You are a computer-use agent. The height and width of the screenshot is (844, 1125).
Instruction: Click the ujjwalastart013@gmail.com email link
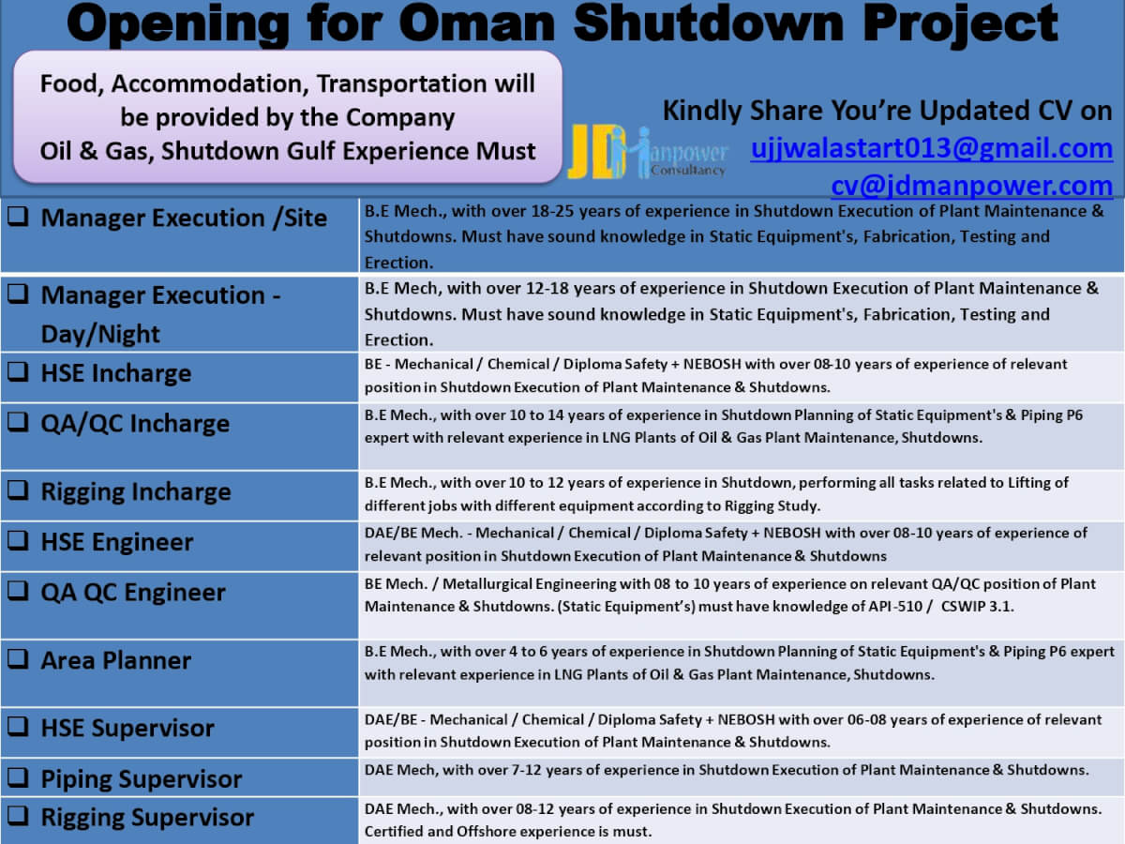(931, 148)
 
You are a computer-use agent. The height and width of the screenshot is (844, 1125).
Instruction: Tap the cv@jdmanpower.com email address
(972, 186)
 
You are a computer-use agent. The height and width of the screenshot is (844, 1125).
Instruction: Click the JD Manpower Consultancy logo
(649, 152)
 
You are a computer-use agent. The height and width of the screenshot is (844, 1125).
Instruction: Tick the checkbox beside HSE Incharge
(18, 371)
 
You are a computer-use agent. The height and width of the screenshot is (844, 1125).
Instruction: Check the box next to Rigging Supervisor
(18, 815)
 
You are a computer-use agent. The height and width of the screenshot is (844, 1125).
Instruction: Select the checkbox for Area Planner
(18, 659)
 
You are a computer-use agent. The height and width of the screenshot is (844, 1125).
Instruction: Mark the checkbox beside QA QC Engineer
(18, 591)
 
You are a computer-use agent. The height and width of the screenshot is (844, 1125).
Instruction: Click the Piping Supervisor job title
(141, 779)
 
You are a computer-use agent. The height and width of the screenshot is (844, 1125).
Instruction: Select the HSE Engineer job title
(117, 542)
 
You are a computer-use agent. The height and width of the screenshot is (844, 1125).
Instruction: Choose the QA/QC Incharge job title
(135, 424)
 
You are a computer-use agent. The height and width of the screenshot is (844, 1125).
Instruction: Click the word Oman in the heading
(476, 23)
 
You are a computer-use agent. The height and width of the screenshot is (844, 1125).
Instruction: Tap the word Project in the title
(960, 24)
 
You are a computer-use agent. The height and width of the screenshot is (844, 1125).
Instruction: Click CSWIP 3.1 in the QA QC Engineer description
(977, 607)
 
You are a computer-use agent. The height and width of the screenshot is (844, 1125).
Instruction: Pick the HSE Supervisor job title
(127, 729)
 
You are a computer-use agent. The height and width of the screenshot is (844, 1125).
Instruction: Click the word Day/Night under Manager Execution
(100, 335)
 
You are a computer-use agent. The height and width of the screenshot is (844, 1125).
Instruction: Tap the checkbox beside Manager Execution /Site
(18, 217)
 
